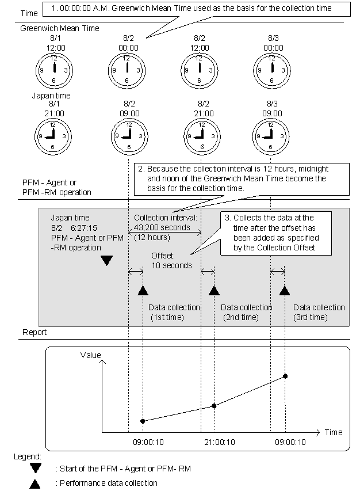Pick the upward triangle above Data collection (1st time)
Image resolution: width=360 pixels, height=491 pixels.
click(x=143, y=290)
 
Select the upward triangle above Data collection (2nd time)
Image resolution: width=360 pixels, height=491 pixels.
click(x=215, y=290)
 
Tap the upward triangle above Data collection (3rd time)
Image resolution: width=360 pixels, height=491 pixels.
click(x=285, y=290)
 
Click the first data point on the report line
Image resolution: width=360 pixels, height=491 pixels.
click(x=143, y=421)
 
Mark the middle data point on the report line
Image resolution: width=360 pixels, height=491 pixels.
click(x=214, y=406)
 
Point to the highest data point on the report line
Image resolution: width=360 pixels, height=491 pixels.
click(x=285, y=376)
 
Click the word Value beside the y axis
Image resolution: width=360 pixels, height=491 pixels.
click(x=91, y=356)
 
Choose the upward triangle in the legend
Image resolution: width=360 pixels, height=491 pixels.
click(x=36, y=484)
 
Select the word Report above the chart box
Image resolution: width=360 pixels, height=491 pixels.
click(x=35, y=333)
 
